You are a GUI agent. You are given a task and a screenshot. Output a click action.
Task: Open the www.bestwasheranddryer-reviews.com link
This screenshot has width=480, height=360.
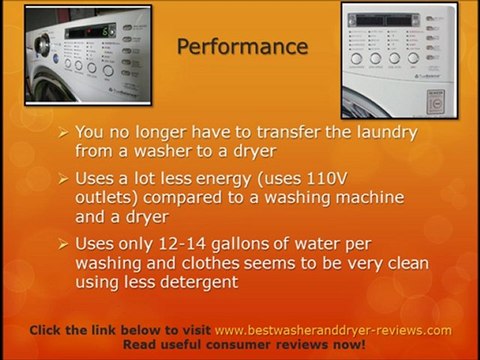333,330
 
